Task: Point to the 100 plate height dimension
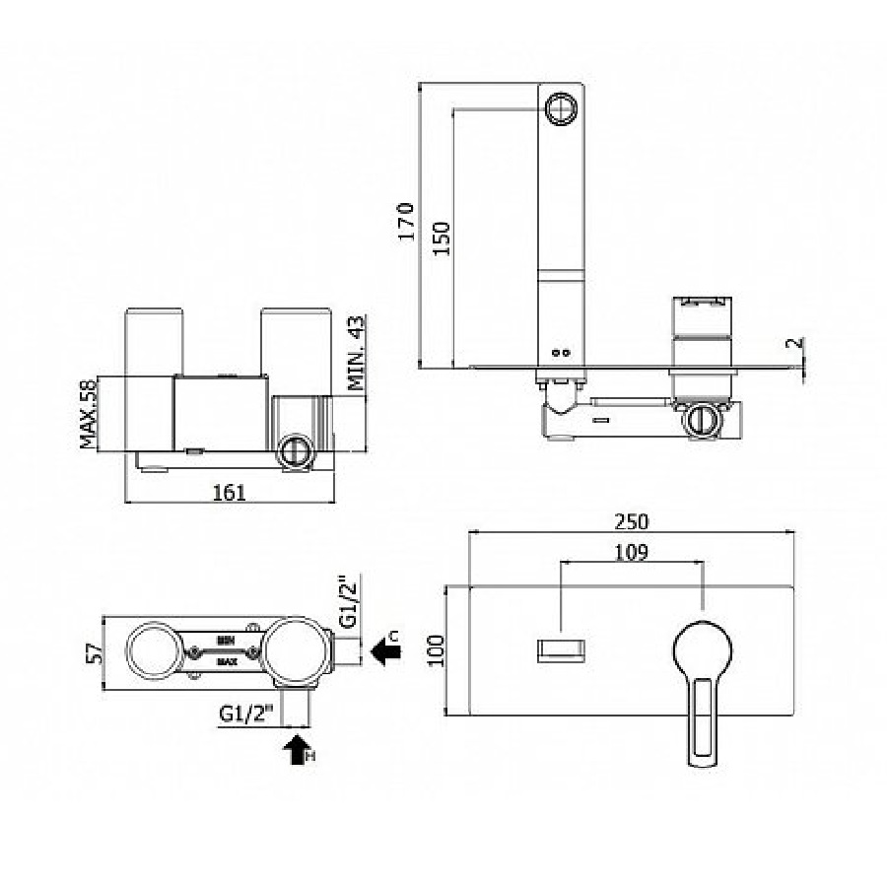pyautogui.click(x=437, y=650)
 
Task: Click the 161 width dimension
pyautogui.click(x=229, y=492)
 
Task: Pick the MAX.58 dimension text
pyautogui.click(x=90, y=413)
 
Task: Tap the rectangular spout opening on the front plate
pyautogui.click(x=560, y=650)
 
